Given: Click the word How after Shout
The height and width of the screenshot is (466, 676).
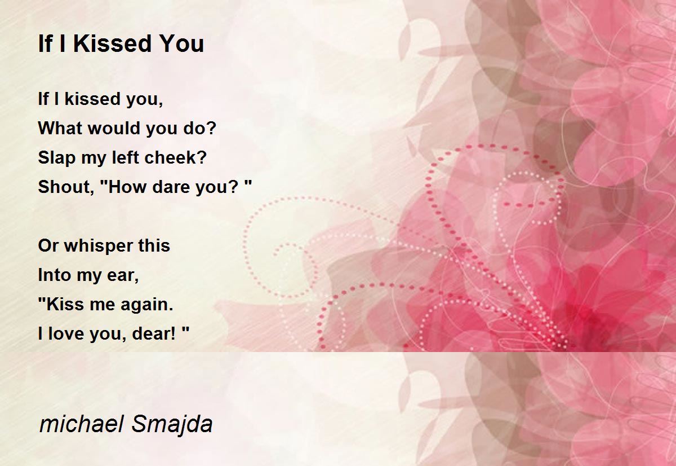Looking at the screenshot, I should pyautogui.click(x=131, y=187).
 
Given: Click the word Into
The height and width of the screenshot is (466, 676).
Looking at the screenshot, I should pyautogui.click(x=55, y=275).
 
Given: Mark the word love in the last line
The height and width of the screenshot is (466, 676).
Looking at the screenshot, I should pyautogui.click(x=66, y=334).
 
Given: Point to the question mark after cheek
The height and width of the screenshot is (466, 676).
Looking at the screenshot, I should pyautogui.click(x=202, y=157).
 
